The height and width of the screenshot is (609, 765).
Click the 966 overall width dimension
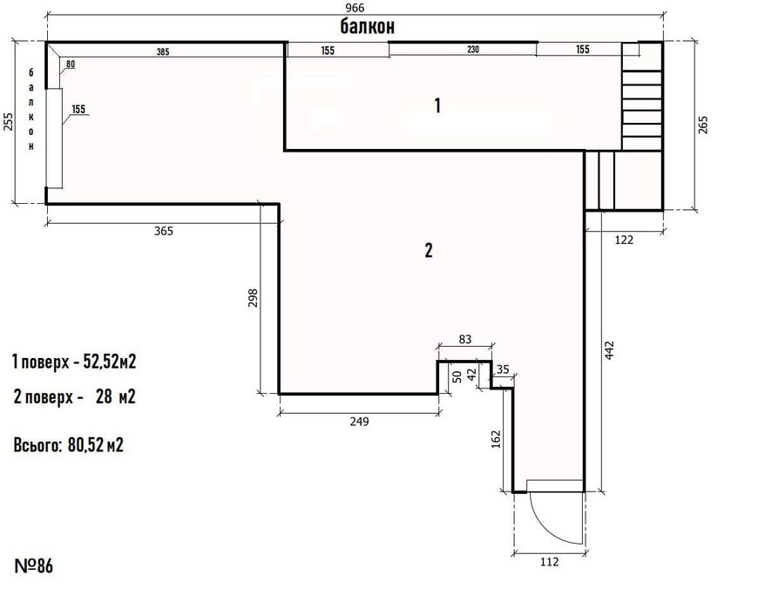[355, 8]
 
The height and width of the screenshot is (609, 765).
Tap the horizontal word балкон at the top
[367, 26]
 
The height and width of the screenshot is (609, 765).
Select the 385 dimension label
[163, 51]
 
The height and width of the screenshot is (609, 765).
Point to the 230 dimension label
[473, 50]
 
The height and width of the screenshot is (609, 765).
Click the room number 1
[437, 105]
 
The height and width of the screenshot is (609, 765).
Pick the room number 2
[429, 250]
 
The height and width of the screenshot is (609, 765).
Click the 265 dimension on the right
[703, 125]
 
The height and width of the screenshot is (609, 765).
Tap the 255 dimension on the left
[9, 122]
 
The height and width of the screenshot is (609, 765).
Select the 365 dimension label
[164, 231]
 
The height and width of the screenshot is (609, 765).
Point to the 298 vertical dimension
[253, 298]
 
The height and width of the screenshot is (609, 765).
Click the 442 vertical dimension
[609, 351]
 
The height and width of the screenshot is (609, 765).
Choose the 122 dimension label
[624, 240]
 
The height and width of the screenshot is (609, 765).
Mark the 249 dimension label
[359, 421]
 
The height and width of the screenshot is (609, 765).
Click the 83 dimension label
[465, 339]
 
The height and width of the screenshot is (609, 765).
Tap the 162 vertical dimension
[496, 439]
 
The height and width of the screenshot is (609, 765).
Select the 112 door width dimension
[550, 562]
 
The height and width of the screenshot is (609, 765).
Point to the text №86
[34, 566]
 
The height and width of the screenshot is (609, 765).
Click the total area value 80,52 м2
[96, 445]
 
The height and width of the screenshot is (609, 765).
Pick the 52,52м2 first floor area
[110, 362]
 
